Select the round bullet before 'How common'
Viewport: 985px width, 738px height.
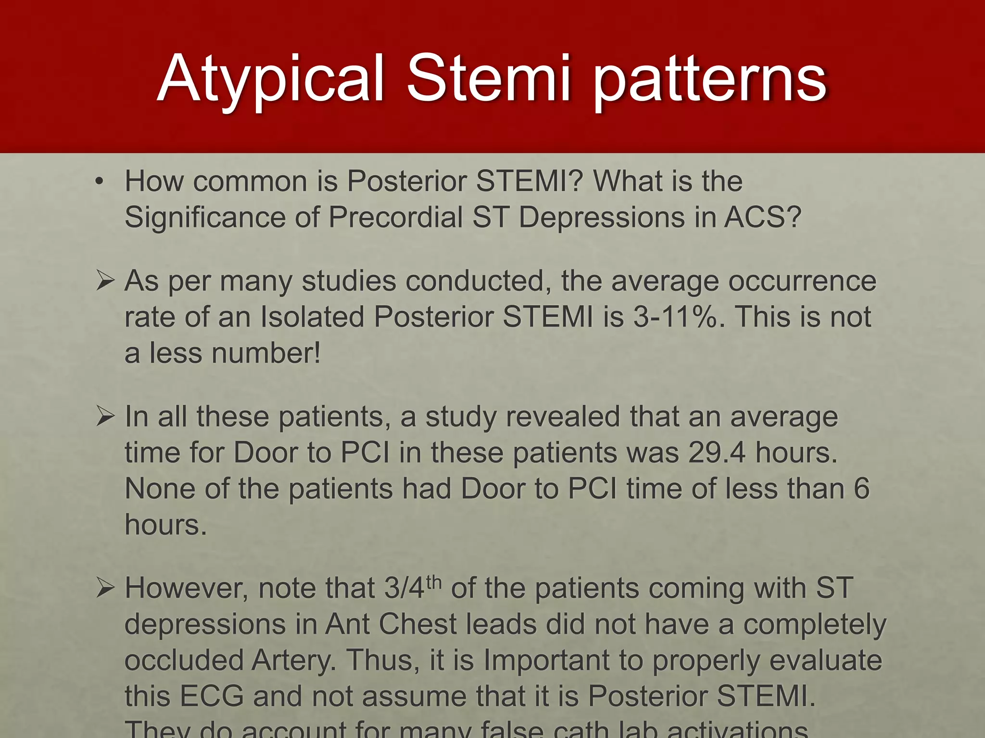(99, 182)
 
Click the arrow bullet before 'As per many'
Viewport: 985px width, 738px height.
(105, 281)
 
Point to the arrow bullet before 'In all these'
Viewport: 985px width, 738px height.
(105, 416)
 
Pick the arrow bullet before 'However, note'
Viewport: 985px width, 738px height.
(105, 588)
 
